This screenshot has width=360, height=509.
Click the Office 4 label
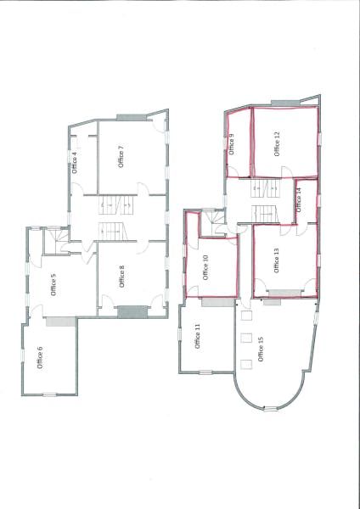point(75,161)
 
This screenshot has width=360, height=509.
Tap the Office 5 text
point(53,284)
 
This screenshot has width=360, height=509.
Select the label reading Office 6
point(41,357)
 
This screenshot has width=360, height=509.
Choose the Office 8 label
point(122,277)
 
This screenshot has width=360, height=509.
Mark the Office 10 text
point(205,268)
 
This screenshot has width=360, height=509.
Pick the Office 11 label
point(198,337)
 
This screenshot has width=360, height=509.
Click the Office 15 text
point(261,349)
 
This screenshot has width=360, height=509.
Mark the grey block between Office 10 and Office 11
point(213,302)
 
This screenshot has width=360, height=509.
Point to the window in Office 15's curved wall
point(270,408)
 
